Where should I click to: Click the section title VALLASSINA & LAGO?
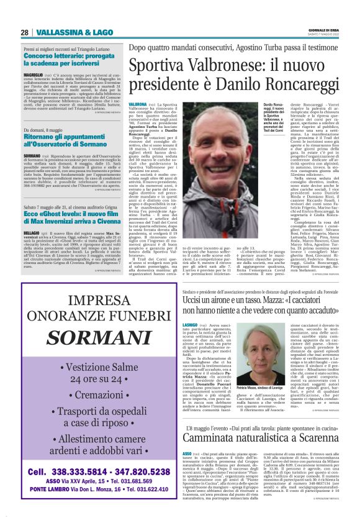(x=65, y=32)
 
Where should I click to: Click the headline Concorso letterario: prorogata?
(x=66, y=55)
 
